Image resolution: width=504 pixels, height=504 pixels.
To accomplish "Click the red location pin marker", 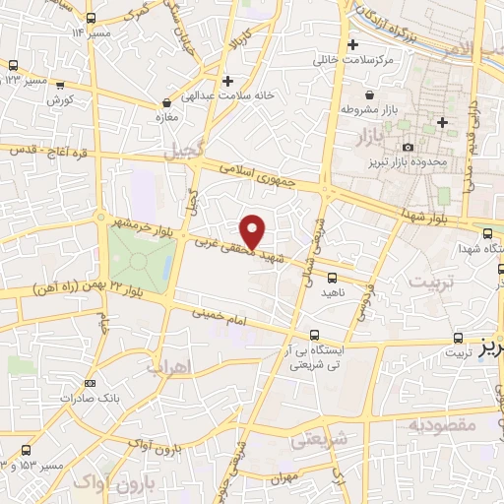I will tap(254, 231).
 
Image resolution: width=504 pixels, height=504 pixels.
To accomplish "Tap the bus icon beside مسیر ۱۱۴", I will tap(92, 19).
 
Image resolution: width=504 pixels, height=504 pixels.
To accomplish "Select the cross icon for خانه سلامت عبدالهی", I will tap(227, 81).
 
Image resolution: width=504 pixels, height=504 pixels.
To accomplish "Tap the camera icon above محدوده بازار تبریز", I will tap(408, 147).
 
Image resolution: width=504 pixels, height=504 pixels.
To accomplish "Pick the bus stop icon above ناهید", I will tap(332, 278).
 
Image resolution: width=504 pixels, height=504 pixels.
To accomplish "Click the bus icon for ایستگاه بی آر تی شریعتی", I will tap(314, 335).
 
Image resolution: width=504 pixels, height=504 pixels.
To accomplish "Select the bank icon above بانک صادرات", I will tap(91, 383).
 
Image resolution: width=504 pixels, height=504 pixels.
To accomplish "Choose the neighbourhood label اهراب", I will tap(166, 367).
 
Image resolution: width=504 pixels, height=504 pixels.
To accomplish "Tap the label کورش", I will tap(60, 101).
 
